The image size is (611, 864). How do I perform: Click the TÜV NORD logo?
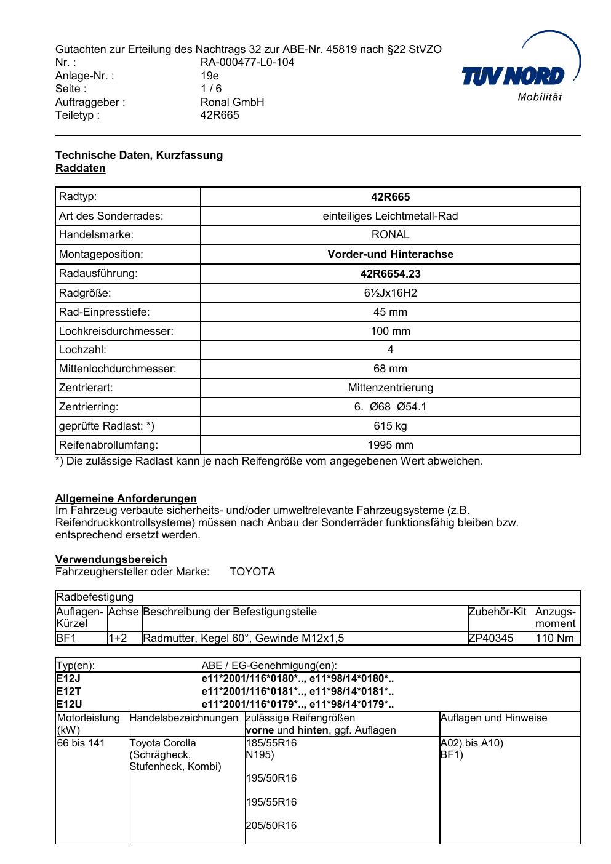(521, 75)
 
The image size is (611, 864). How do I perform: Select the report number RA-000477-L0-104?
(247, 62)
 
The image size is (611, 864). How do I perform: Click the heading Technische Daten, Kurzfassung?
(139, 155)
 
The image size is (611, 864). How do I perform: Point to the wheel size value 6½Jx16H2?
(390, 293)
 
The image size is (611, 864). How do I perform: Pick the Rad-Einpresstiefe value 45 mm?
(390, 312)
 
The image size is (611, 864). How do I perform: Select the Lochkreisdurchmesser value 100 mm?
(390, 331)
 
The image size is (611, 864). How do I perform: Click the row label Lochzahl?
(82, 350)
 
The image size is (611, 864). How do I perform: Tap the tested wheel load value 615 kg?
(390, 426)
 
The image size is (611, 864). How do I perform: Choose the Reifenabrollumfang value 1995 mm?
(390, 445)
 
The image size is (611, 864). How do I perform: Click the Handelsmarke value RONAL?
(390, 234)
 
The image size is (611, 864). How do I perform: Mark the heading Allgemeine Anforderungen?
(126, 498)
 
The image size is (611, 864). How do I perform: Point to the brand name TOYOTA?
(252, 572)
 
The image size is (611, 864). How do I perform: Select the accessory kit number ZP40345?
(490, 638)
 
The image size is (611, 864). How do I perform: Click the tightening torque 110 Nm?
(554, 638)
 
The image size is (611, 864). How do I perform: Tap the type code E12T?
(69, 692)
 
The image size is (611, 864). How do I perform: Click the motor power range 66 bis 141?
(81, 743)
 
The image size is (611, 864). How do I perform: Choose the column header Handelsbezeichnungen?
(183, 718)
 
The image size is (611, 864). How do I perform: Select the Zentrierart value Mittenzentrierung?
(390, 388)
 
